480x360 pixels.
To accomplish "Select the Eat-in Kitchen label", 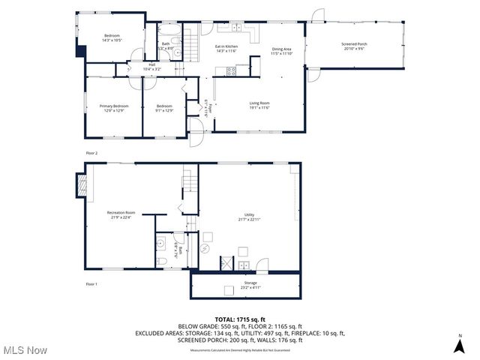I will click(226, 49).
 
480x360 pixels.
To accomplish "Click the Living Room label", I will click(259, 106).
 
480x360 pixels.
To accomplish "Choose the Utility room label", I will click(249, 217).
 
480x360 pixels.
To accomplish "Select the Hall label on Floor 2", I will click(151, 67).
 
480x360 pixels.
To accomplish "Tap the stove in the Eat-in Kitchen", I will click(231, 71).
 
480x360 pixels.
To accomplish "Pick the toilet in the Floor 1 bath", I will click(163, 261).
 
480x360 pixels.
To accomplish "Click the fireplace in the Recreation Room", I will click(82, 182).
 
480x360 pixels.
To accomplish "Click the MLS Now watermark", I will click(24, 350).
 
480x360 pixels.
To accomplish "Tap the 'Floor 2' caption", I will click(91, 153).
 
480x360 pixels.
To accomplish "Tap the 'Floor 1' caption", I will click(91, 283).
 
